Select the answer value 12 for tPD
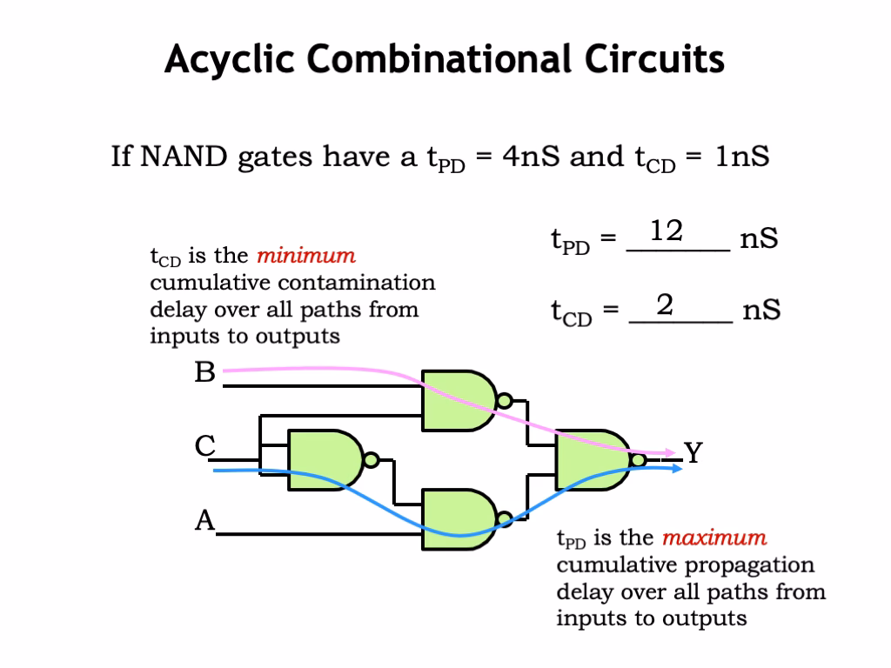(x=667, y=231)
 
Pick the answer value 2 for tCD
(x=665, y=305)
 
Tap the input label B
(x=204, y=373)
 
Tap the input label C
(x=204, y=446)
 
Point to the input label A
(x=204, y=520)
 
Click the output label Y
(x=693, y=452)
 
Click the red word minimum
(x=305, y=256)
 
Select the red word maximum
(x=714, y=538)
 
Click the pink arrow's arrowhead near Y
(x=669, y=452)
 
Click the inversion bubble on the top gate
(x=503, y=400)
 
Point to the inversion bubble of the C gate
(x=371, y=459)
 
